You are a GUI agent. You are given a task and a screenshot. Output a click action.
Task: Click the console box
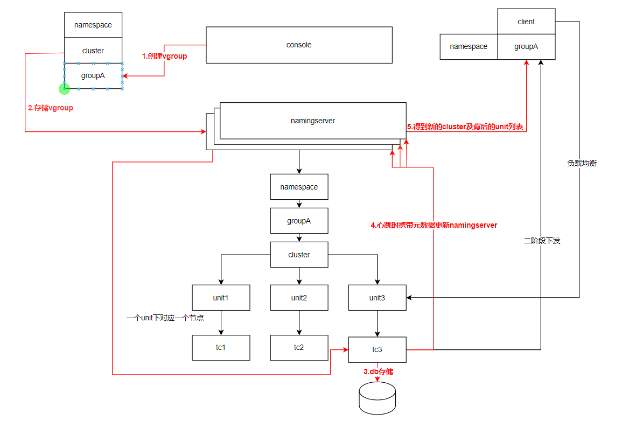(299, 45)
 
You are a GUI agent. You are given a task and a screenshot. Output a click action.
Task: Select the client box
(526, 22)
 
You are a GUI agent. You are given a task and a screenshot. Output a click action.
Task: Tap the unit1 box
(221, 298)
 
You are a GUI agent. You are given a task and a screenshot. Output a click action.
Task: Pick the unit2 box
(299, 298)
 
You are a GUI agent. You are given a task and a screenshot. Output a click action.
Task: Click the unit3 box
(377, 298)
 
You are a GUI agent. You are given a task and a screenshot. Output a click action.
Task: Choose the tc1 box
(221, 347)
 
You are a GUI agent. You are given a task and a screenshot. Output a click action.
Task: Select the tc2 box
(299, 347)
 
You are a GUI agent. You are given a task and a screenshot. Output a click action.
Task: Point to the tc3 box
(377, 350)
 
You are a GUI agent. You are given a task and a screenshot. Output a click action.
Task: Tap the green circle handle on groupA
(65, 88)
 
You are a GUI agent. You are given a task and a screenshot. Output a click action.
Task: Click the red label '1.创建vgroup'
(164, 56)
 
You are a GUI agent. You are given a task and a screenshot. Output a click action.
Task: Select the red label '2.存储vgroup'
(50, 108)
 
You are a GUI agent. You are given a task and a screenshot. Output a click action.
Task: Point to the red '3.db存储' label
(378, 371)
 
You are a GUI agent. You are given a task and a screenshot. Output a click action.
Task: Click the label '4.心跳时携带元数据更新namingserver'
(434, 225)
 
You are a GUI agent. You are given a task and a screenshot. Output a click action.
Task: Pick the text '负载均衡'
(582, 163)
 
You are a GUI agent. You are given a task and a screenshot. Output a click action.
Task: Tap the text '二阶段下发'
(542, 241)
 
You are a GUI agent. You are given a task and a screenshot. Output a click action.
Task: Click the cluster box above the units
(299, 255)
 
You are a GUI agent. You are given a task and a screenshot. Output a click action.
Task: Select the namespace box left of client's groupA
(469, 47)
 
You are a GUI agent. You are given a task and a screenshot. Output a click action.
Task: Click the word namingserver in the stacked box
(313, 121)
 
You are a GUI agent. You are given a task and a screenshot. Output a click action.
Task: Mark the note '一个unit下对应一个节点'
(165, 318)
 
